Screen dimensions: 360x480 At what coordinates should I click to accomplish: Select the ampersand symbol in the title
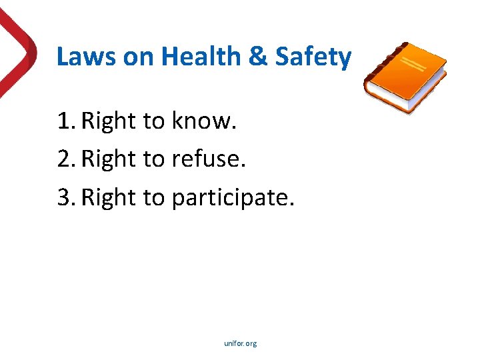(x=257, y=57)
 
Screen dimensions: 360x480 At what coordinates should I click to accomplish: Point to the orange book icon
(x=405, y=77)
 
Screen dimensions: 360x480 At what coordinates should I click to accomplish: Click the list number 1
(x=64, y=121)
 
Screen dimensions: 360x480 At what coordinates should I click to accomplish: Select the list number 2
(x=64, y=159)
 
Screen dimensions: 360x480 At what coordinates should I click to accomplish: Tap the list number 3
(x=64, y=197)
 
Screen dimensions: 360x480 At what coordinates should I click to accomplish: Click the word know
(x=204, y=121)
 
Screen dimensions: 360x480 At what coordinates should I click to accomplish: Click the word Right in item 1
(x=109, y=121)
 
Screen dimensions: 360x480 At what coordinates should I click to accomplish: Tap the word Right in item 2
(x=109, y=159)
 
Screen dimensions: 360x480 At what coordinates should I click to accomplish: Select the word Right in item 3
(x=109, y=197)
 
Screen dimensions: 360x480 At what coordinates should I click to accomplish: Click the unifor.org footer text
(x=240, y=343)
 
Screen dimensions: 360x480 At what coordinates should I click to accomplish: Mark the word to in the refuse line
(x=154, y=159)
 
